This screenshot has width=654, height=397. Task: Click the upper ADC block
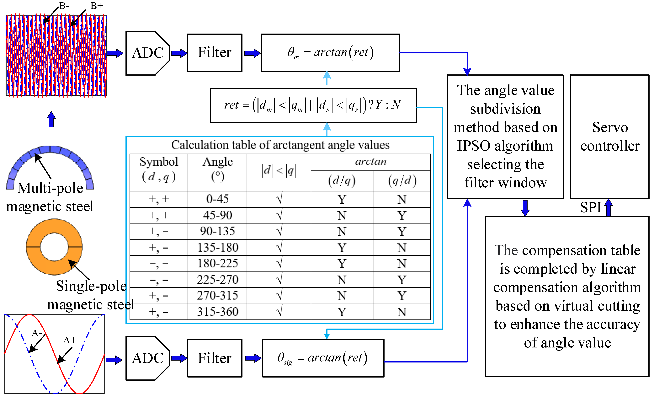click(x=148, y=53)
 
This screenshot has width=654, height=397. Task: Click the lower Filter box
click(x=215, y=358)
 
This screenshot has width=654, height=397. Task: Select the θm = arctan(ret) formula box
click(x=330, y=53)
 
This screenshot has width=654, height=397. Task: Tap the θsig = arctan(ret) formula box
click(x=323, y=358)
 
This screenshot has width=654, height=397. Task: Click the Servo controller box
click(x=609, y=137)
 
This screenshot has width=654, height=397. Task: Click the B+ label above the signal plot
click(x=97, y=6)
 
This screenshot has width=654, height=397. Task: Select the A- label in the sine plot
click(x=37, y=333)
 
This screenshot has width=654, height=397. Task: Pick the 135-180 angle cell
click(x=218, y=248)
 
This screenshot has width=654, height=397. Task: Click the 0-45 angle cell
click(x=218, y=199)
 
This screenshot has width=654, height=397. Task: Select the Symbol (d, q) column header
click(x=159, y=169)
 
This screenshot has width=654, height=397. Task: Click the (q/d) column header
click(x=402, y=181)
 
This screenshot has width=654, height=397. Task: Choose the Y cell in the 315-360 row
click(x=342, y=312)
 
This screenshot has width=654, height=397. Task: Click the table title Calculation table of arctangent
click(x=280, y=145)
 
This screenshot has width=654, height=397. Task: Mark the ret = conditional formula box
click(x=313, y=105)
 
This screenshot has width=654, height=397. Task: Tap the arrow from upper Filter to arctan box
click(x=252, y=53)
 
